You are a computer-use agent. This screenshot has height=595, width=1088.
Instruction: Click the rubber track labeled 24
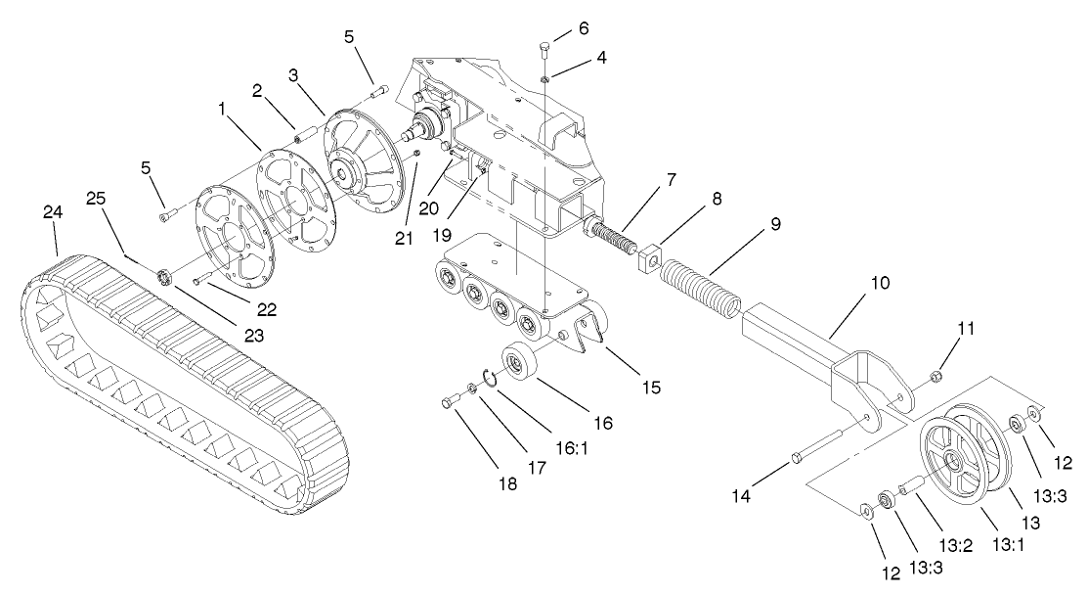(x=186, y=391)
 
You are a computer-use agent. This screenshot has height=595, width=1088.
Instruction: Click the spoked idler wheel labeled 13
(x=963, y=461)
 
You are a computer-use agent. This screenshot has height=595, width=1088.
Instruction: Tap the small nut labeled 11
(x=934, y=375)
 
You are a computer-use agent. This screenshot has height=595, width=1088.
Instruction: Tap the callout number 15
(x=650, y=388)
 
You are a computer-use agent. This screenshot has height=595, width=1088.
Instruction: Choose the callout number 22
(x=266, y=309)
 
